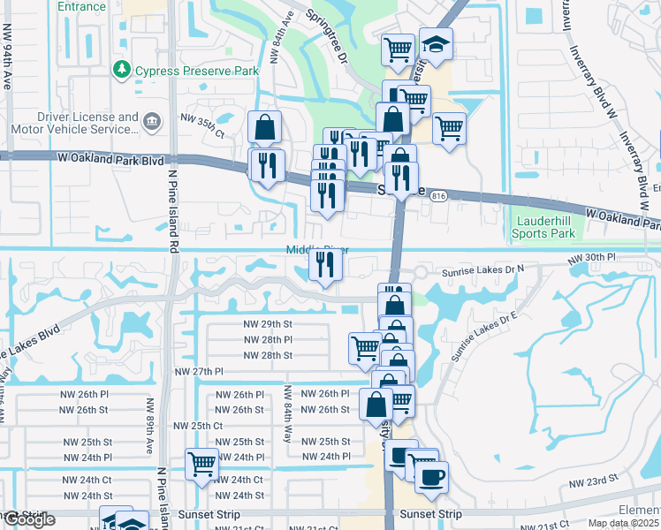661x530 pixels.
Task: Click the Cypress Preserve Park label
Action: click(x=195, y=69)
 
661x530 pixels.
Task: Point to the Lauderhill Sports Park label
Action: click(x=543, y=226)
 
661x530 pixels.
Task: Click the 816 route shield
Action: click(x=439, y=198)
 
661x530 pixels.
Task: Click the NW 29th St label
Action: click(x=268, y=324)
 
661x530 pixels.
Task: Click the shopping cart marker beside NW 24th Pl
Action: click(x=202, y=463)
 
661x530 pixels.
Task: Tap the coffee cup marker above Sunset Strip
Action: click(x=431, y=477)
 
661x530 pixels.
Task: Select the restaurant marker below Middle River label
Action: click(x=325, y=264)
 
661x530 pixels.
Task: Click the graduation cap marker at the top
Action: click(x=435, y=44)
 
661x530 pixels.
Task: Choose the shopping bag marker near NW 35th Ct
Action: click(x=264, y=129)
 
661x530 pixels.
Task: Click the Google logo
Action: click(x=29, y=519)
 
